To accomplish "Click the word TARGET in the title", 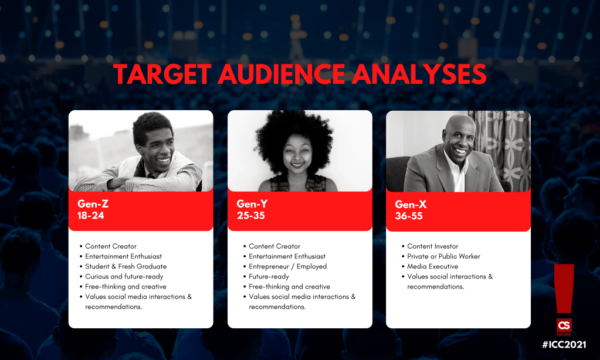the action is pos(162,74).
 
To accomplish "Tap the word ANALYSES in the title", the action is pos(419,74).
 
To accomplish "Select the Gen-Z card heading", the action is pos(93,203).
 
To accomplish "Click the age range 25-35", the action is pos(250,215).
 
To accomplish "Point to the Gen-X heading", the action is pos(411,204).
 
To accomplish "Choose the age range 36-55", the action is pos(409,216).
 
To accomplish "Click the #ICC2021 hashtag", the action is pos(564,344).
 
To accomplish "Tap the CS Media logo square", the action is pos(564,325).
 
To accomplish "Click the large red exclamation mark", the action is pos(564,289).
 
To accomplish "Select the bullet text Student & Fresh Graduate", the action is pos(126,266).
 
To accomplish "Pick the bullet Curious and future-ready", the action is pos(124,276).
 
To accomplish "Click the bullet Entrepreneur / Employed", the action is pos(288,266).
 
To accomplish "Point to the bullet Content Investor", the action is pos(432,246).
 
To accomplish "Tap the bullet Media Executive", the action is pos(432,266).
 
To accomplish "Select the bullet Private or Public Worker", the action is pos(443,256).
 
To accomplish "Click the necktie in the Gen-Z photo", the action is pos(154,175).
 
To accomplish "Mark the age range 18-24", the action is pos(91,215).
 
